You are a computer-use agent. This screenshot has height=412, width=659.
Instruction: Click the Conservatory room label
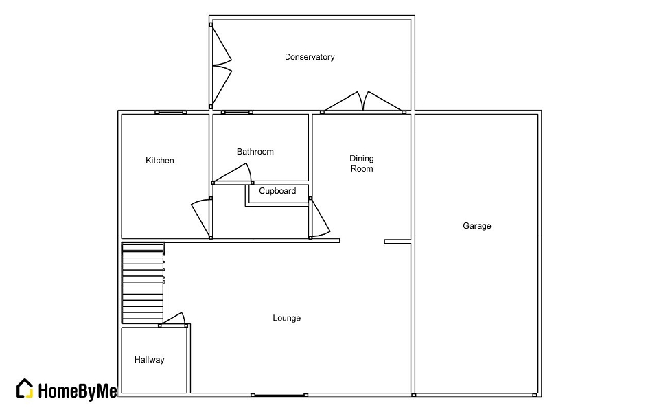[x=310, y=57]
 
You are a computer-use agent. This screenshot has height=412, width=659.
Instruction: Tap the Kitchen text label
[x=160, y=161]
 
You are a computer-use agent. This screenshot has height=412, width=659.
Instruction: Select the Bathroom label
[x=255, y=152]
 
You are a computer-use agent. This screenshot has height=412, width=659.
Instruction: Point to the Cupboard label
[x=277, y=191]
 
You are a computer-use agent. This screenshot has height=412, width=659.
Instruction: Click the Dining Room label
[x=362, y=163]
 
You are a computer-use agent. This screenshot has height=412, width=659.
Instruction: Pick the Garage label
[x=476, y=226]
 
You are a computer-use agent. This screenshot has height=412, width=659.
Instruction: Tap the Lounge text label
[x=286, y=318]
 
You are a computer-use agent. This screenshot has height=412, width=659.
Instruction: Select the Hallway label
[x=149, y=360]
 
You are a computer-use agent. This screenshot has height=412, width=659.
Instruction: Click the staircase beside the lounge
[x=143, y=283]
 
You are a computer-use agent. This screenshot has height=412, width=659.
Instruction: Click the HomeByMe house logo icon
[x=25, y=388]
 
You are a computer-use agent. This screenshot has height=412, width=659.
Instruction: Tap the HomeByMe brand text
[x=77, y=391]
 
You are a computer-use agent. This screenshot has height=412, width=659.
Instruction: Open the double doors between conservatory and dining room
[x=363, y=102]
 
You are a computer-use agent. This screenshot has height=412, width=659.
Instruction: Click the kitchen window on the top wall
[x=170, y=112]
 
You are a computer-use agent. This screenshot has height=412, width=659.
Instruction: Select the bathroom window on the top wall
[x=237, y=112]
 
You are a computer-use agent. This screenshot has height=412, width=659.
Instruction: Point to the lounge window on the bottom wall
[x=279, y=395]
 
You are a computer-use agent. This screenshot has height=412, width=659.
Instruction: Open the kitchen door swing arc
[x=201, y=216]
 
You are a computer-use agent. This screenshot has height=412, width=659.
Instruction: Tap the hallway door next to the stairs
[x=174, y=320]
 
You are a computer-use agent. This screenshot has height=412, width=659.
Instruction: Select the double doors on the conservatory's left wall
[x=220, y=67]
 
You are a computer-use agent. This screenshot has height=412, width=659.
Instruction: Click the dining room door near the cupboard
[x=320, y=218]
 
